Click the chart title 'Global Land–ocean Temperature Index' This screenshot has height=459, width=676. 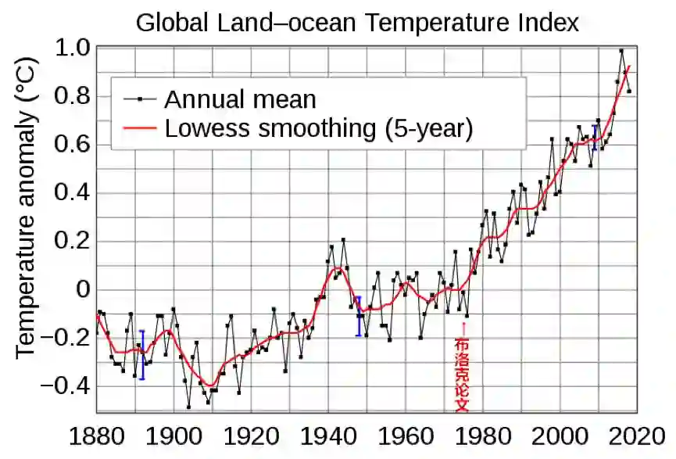[x=357, y=22]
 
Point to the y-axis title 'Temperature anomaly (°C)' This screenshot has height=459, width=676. [x=27, y=221]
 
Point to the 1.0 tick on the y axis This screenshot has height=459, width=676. [x=73, y=48]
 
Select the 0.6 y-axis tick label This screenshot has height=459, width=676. [x=73, y=145]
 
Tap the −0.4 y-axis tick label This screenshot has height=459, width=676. [x=66, y=387]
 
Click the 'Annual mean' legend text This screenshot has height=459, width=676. [x=240, y=99]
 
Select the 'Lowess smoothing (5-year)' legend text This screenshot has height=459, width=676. [x=319, y=127]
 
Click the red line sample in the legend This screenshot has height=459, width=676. [x=140, y=127]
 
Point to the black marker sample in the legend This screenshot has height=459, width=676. [x=140, y=99]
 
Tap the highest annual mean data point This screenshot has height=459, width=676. [x=621, y=51]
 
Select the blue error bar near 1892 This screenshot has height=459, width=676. [x=142, y=354]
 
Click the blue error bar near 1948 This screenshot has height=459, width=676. [x=358, y=316]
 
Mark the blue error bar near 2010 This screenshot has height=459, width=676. [x=596, y=137]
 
